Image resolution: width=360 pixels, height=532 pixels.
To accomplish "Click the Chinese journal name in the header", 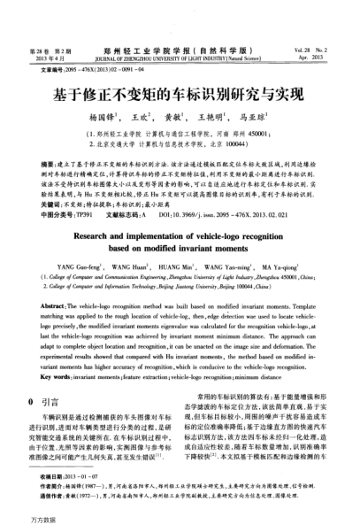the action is point(180,40).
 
